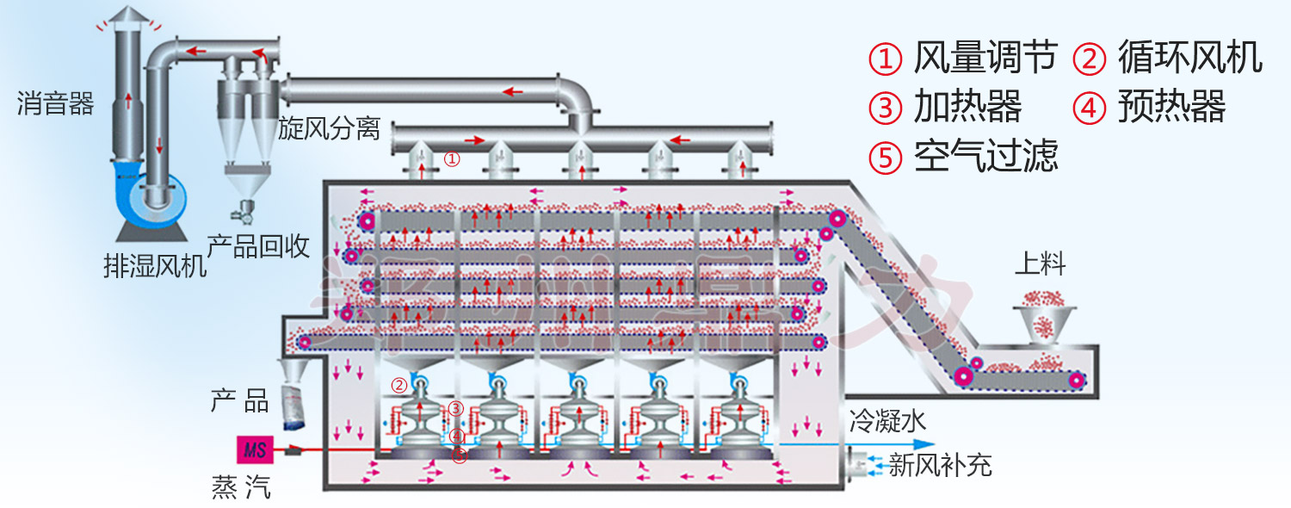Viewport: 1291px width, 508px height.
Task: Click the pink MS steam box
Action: tap(255, 449)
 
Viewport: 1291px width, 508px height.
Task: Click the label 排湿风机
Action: tap(155, 267)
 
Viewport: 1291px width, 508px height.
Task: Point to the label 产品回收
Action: tap(258, 246)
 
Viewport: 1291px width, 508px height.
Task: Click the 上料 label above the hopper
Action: tap(1040, 264)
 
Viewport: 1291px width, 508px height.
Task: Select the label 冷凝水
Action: tap(887, 421)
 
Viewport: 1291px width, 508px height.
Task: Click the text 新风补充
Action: tap(940, 466)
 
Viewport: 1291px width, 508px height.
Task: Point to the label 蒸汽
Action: tap(241, 487)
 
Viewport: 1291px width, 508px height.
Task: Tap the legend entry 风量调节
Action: tap(985, 58)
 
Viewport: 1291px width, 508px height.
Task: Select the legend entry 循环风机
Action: tap(1189, 58)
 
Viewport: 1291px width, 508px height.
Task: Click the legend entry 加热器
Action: tap(967, 108)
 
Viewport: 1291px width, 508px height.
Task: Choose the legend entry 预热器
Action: tap(1171, 108)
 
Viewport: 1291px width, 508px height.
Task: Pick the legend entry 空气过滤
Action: tap(985, 157)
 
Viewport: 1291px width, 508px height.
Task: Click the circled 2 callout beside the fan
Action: tap(398, 385)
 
